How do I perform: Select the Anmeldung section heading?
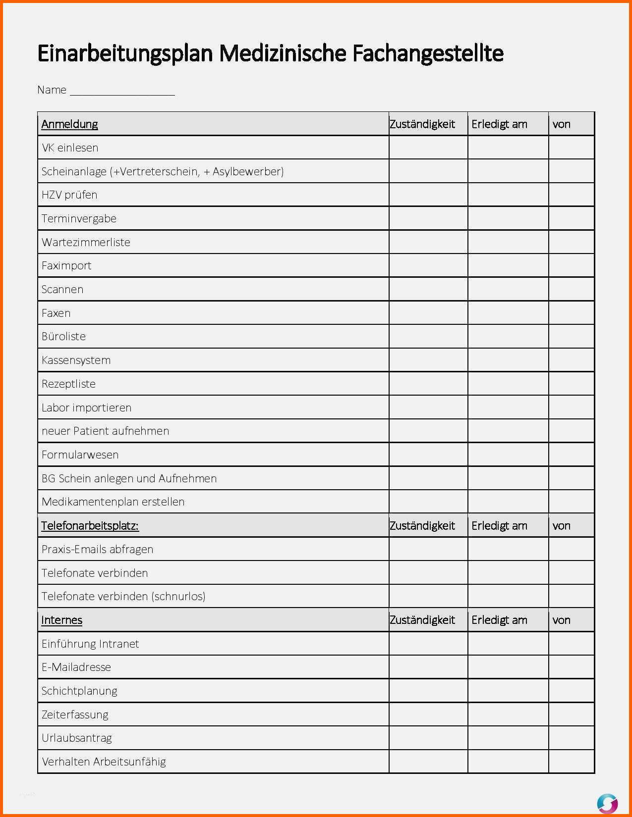pos(69,124)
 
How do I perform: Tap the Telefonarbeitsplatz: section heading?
pos(90,525)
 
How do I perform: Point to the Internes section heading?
pos(61,620)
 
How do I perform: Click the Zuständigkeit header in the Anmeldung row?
pos(422,124)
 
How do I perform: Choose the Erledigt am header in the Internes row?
pos(499,620)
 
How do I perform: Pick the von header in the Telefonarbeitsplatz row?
pos(561,525)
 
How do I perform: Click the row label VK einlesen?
pos(70,148)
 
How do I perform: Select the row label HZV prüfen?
pos(69,195)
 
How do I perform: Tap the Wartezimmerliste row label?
pos(86,242)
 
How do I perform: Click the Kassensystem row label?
pos(76,360)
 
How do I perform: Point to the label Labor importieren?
pos(86,408)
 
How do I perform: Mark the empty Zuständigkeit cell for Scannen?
pos(428,289)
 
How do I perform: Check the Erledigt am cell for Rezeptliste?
pos(508,384)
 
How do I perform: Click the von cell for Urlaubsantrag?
pos(571,738)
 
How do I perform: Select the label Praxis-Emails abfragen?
pos(97,549)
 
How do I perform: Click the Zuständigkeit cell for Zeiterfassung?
pos(428,715)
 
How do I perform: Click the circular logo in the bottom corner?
pos(607,803)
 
